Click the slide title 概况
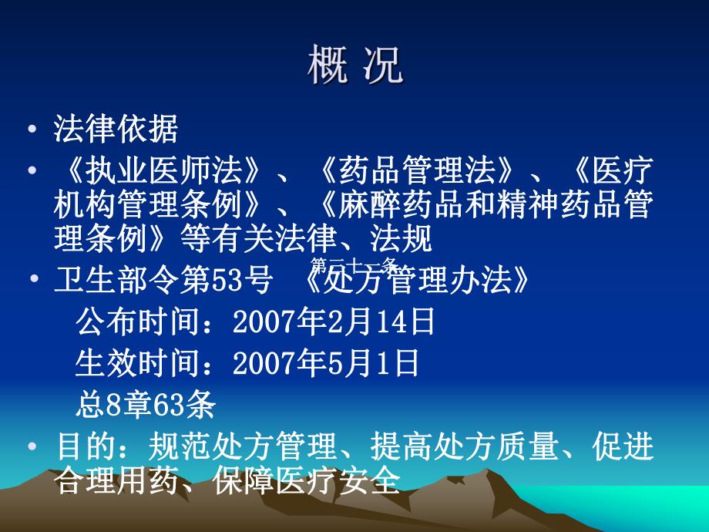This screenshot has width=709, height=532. tap(354, 66)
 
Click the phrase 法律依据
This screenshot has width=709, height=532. tap(116, 130)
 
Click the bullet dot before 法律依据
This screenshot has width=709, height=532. tap(31, 130)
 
